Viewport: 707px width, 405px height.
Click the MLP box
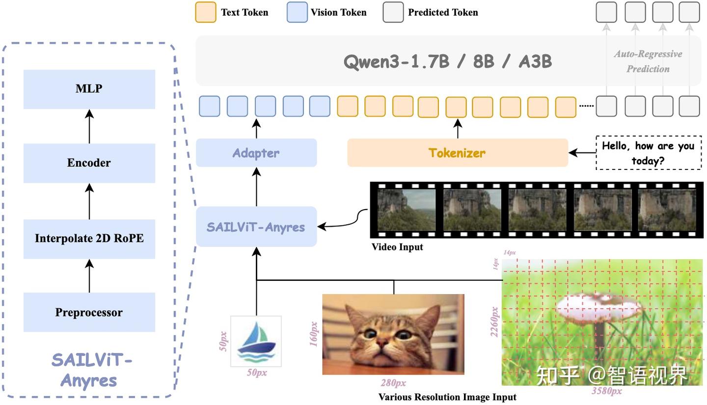(89, 89)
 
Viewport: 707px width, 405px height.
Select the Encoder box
(89, 163)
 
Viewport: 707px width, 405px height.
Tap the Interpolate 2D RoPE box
(89, 239)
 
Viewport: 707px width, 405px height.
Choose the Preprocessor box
(89, 312)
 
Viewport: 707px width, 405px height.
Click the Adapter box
(256, 153)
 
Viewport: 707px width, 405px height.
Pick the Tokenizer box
(458, 153)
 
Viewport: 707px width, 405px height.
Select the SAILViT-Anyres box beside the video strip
(256, 227)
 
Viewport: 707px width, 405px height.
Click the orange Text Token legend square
(205, 12)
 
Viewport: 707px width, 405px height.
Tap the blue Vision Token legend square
(297, 12)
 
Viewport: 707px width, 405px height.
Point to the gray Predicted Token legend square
(393, 12)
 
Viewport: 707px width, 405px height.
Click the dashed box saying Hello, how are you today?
(649, 153)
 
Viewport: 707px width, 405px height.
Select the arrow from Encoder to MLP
(89, 126)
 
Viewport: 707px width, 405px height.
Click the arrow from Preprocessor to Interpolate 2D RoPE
(89, 276)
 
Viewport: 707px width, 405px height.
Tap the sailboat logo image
(256, 341)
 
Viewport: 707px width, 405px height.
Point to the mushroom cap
(599, 307)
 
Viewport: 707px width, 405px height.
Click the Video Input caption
(397, 247)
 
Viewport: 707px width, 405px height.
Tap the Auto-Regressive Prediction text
(648, 61)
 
